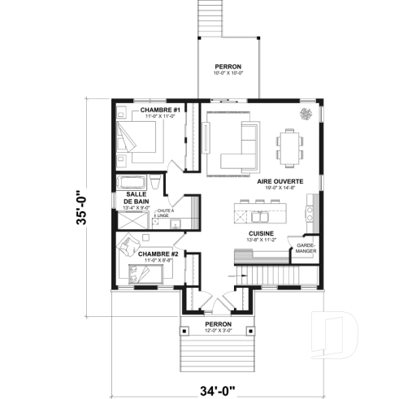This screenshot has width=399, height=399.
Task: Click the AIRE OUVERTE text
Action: pyautogui.click(x=281, y=181)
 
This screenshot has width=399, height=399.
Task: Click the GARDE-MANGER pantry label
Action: pyautogui.click(x=306, y=248)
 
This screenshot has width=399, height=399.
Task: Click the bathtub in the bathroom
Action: pyautogui.click(x=134, y=181)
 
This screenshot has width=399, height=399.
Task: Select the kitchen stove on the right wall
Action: pyautogui.click(x=310, y=215)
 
